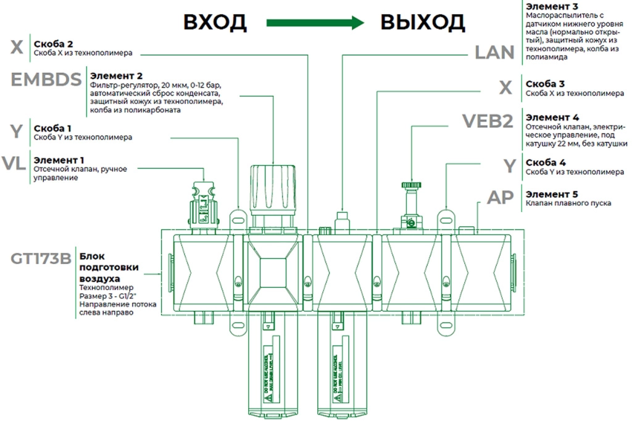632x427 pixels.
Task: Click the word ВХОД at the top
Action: [x=215, y=23]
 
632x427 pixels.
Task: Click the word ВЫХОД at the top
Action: [x=422, y=23]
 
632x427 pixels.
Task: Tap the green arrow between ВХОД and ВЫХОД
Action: [x=313, y=23]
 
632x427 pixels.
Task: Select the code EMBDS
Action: [x=46, y=80]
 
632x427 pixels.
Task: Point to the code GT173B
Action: [x=41, y=258]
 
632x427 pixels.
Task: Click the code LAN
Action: [x=494, y=53]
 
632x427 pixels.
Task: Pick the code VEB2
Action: [x=488, y=121]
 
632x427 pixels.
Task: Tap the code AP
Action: [x=501, y=197]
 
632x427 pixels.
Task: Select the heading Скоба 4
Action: [x=546, y=163]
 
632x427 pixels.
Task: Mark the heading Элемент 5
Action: [x=552, y=193]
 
